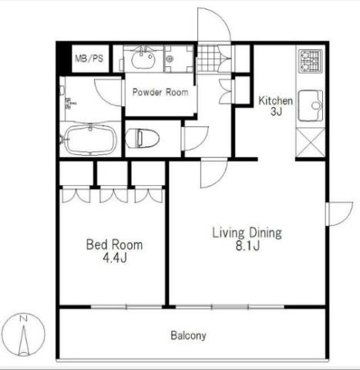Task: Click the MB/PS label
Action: pyautogui.click(x=89, y=59)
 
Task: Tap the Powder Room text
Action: pyautogui.click(x=160, y=92)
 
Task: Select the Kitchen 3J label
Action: pyautogui.click(x=275, y=106)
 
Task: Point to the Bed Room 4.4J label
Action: pyautogui.click(x=114, y=251)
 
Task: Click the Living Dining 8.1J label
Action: pyautogui.click(x=247, y=239)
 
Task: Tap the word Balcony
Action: pyautogui.click(x=188, y=335)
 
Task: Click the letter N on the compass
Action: pyautogui.click(x=24, y=319)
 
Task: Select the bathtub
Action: pyautogui.click(x=90, y=140)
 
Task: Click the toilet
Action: pyautogui.click(x=143, y=138)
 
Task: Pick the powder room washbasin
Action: pyautogui.click(x=143, y=59)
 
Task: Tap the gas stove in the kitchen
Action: pyautogui.click(x=311, y=61)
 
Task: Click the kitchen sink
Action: pyautogui.click(x=311, y=106)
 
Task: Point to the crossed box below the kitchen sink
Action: pyautogui.click(x=311, y=143)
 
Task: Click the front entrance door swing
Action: pyautogui.click(x=214, y=25)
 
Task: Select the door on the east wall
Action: pyautogui.click(x=339, y=214)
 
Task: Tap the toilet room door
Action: pyautogui.click(x=195, y=138)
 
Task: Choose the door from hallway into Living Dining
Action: pyautogui.click(x=214, y=173)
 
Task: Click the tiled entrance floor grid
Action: pyautogui.click(x=209, y=59)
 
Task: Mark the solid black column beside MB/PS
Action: pyautogui.click(x=64, y=59)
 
